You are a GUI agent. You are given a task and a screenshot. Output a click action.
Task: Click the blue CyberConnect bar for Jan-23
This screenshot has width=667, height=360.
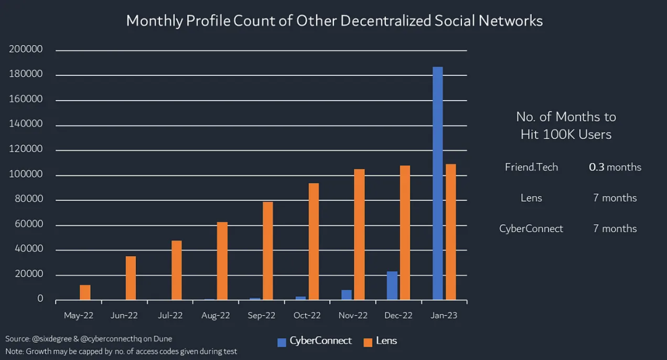pyautogui.click(x=437, y=183)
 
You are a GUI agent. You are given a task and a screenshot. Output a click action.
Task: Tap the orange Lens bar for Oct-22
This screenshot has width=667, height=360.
pyautogui.click(x=314, y=241)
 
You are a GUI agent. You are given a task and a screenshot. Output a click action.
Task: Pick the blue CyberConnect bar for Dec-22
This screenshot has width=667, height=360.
pyautogui.click(x=392, y=285)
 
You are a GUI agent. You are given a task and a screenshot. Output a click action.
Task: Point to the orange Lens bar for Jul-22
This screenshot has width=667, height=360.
pyautogui.click(x=177, y=270)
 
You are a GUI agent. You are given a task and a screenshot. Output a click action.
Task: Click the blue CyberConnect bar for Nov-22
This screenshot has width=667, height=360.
pyautogui.click(x=346, y=295)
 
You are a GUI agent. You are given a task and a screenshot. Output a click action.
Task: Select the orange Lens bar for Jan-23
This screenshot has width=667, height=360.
pyautogui.click(x=451, y=232)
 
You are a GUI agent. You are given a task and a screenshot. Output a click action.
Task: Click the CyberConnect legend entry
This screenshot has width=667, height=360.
pyautogui.click(x=314, y=341)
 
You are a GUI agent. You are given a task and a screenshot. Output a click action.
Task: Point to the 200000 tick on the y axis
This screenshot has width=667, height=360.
pyautogui.click(x=26, y=49)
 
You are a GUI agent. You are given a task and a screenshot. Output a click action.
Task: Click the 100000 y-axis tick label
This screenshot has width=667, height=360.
pyautogui.click(x=26, y=175)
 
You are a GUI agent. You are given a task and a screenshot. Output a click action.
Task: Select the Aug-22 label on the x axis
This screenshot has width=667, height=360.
pyautogui.click(x=216, y=316)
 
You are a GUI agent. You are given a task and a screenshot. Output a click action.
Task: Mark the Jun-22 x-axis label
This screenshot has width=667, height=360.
pyautogui.click(x=124, y=316)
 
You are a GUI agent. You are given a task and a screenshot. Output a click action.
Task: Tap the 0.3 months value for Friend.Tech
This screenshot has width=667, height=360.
pyautogui.click(x=615, y=167)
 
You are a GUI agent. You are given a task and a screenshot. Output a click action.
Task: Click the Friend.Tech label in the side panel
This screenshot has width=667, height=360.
pyautogui.click(x=531, y=167)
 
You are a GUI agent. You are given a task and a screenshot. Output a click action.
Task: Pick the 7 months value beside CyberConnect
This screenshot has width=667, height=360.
pyautogui.click(x=615, y=228)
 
